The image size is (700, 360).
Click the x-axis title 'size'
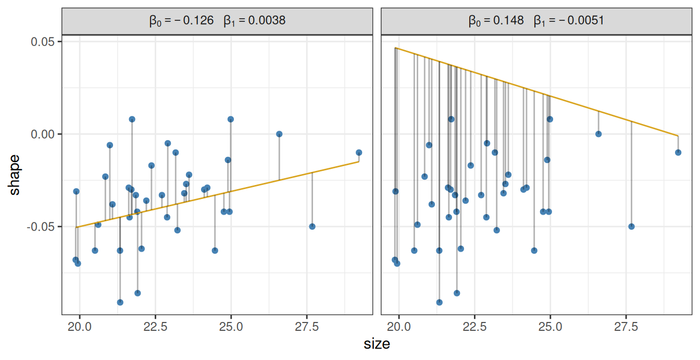click(x=377, y=344)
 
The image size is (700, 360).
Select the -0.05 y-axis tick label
click(x=44, y=227)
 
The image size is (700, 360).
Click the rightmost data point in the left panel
click(x=359, y=153)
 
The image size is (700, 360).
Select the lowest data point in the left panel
click(x=120, y=302)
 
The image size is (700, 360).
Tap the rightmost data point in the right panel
click(x=678, y=153)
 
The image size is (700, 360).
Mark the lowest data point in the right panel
click(x=439, y=302)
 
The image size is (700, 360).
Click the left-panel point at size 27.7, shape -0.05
click(x=312, y=227)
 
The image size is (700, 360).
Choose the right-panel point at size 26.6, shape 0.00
click(x=598, y=134)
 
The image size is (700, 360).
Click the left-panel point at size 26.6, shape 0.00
click(x=279, y=134)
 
